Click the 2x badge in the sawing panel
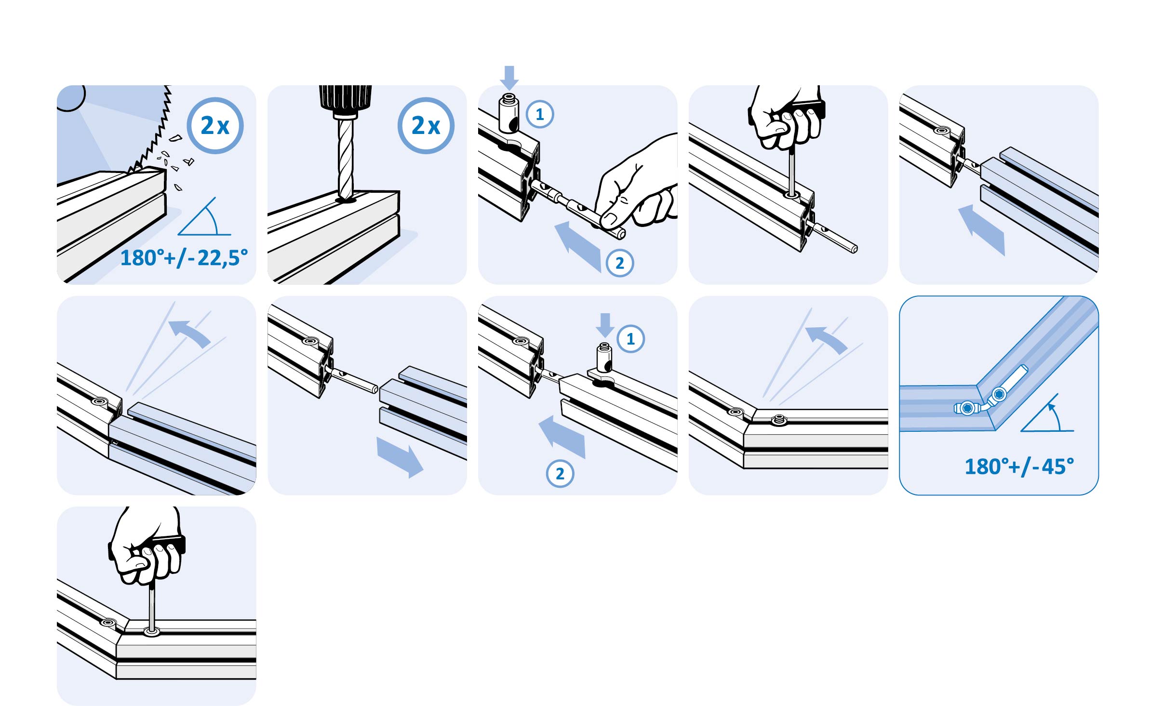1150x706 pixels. click(x=215, y=126)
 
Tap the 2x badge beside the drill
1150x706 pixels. click(x=426, y=126)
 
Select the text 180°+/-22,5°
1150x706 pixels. click(x=184, y=258)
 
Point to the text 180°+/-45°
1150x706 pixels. click(x=1019, y=466)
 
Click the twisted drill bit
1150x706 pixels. click(x=346, y=159)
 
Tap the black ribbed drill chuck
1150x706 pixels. click(x=345, y=99)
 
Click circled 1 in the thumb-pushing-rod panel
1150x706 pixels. click(x=540, y=114)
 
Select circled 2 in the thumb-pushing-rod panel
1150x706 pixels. click(x=620, y=263)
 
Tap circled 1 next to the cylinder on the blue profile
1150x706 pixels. click(x=630, y=339)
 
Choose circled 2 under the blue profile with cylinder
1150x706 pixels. click(x=560, y=474)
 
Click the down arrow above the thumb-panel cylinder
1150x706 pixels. click(x=509, y=78)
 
